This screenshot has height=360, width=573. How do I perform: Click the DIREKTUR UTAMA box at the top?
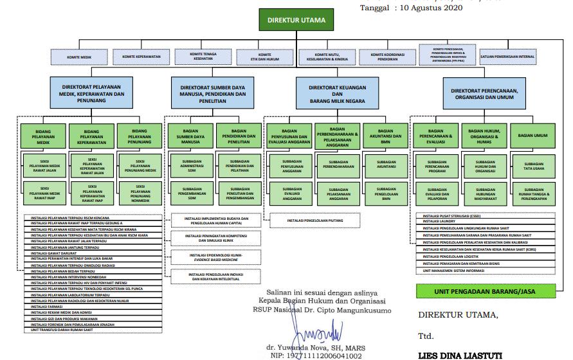point(296,21)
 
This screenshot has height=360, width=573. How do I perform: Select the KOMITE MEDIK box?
point(80,57)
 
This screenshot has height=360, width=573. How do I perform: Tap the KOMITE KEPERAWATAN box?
point(142,57)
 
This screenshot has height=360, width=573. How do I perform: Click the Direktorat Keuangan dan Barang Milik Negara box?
point(335,93)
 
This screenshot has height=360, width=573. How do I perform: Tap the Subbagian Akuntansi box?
point(386,165)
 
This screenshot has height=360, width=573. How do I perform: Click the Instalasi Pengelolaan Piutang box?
point(316,221)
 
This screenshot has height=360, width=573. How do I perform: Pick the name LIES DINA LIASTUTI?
point(460,355)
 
